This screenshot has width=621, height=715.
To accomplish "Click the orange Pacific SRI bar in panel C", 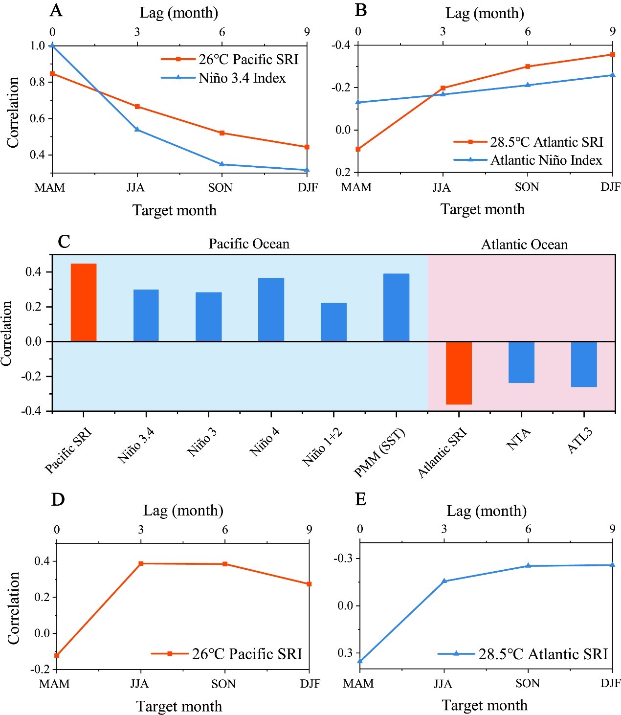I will tap(84, 302).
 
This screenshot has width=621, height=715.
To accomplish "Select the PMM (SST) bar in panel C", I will tap(396, 307).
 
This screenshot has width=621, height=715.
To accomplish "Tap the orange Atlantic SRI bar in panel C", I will tap(459, 373).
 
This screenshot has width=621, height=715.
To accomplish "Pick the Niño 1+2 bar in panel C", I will tap(333, 322).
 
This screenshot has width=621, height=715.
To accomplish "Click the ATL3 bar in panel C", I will tap(584, 364).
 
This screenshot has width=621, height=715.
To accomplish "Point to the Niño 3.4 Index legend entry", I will tap(242, 78).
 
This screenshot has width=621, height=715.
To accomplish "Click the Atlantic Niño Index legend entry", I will tap(546, 160).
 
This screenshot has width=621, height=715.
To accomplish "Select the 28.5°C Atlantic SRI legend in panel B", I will tap(547, 142).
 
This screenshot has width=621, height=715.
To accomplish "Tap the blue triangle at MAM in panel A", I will tap(52, 45).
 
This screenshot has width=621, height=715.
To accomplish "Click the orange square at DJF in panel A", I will tap(307, 147).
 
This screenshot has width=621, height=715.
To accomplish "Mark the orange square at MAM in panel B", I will tap(358, 149).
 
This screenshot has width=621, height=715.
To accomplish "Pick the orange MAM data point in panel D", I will tap(57, 655).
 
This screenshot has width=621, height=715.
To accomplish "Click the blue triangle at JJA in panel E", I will tap(444, 581).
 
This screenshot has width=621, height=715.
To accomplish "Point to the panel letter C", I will tap(64, 242).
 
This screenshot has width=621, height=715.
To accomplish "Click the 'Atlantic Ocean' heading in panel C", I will tap(524, 245).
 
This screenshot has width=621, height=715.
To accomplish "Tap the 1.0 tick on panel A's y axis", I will tap(38, 45).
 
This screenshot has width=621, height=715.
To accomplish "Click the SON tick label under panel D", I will tap(223, 684).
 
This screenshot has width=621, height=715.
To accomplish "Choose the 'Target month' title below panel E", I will tap(485, 705).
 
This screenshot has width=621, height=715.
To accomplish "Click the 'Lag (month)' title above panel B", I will tap(485, 13).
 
